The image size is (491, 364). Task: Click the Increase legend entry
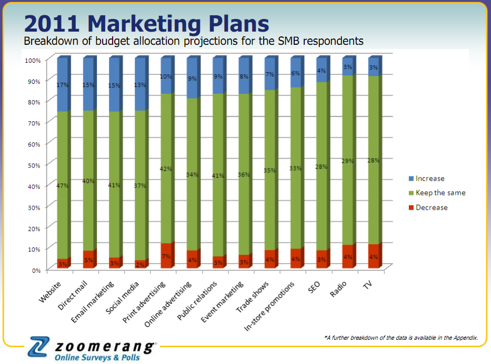pyautogui.click(x=429, y=179)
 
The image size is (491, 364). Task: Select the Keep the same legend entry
pyautogui.click(x=440, y=193)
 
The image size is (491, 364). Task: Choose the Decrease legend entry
pyautogui.click(x=431, y=208)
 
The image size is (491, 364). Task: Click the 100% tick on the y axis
pyautogui.click(x=32, y=60)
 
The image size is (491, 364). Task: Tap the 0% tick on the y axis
pyautogui.click(x=35, y=270)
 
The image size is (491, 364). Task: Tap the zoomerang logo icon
pyautogui.click(x=40, y=348)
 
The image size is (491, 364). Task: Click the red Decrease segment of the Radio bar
pyautogui.click(x=347, y=257)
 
